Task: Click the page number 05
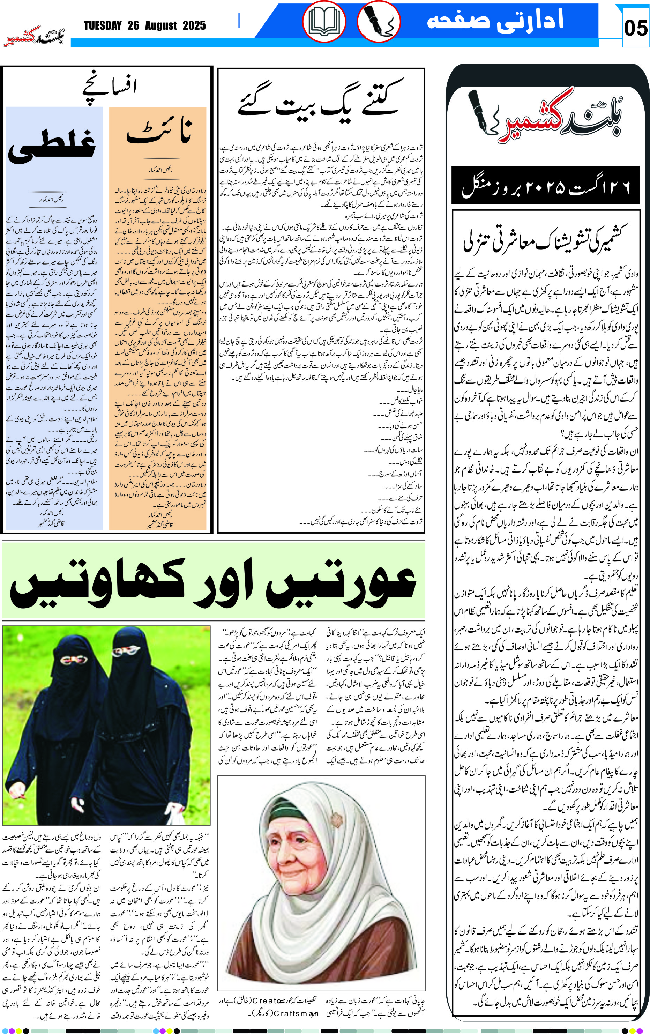pos(635,28)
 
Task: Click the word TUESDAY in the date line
pos(103,26)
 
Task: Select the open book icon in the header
pos(324,22)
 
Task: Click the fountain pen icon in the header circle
pos(378,22)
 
